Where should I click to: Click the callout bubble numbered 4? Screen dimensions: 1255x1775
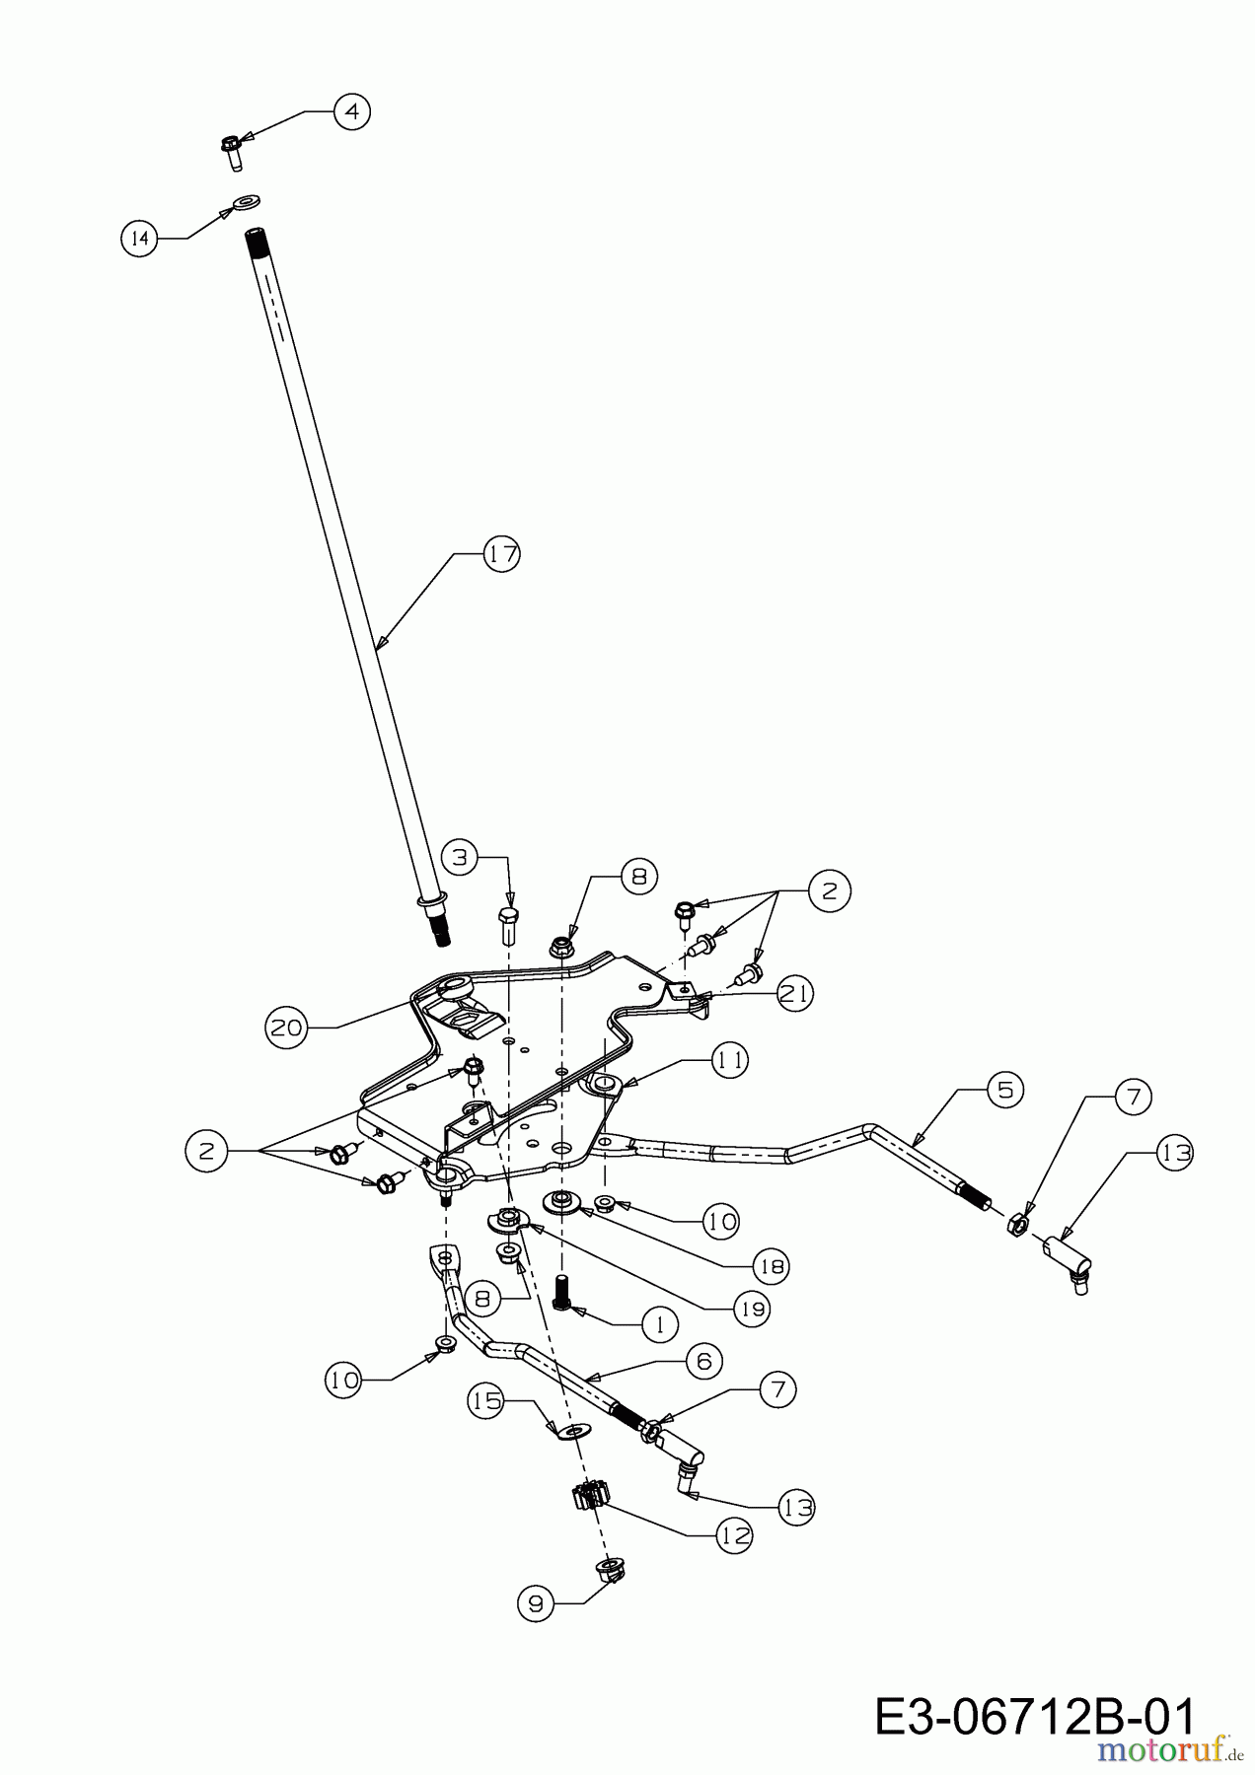tap(351, 111)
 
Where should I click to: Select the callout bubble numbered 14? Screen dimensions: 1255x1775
tap(140, 238)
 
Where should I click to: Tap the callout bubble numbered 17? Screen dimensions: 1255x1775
tap(502, 554)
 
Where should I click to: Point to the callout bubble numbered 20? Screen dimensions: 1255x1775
tap(285, 1028)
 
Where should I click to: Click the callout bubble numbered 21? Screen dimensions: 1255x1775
tap(794, 993)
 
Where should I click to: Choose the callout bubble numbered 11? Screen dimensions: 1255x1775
tap(730, 1061)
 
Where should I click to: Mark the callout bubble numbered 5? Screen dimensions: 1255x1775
tap(1004, 1090)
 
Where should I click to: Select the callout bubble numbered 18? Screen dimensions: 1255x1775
tap(772, 1264)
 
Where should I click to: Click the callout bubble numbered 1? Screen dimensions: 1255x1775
tap(660, 1323)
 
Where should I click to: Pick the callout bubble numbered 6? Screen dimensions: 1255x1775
tap(703, 1361)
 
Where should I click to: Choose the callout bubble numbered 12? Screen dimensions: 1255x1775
tap(734, 1535)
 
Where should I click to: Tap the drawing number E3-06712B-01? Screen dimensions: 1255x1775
tap(1035, 1716)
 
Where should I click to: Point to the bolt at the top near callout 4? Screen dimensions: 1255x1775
tap(231, 151)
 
